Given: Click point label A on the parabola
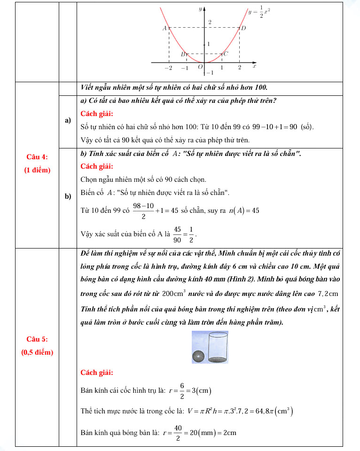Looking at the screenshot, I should (x=164, y=28).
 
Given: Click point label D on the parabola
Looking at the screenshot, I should (x=243, y=28).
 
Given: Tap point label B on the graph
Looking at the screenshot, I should (x=183, y=54).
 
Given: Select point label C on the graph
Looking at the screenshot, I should (x=226, y=54).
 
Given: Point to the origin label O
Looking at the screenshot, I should (x=200, y=67).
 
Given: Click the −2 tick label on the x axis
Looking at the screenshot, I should (x=168, y=68).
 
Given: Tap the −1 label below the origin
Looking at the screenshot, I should (x=210, y=73).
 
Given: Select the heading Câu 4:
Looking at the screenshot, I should (x=37, y=157).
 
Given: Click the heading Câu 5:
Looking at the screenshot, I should (x=37, y=339).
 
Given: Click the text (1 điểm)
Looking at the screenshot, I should (x=37, y=170).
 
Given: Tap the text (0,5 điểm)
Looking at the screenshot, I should (x=37, y=352).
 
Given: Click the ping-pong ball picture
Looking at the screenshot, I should (x=198, y=357).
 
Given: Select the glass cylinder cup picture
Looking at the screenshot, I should (x=218, y=347).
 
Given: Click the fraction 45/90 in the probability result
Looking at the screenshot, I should (x=177, y=234).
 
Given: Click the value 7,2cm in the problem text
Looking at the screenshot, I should (x=328, y=294).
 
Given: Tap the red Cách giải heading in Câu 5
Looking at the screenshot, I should (x=97, y=373).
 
